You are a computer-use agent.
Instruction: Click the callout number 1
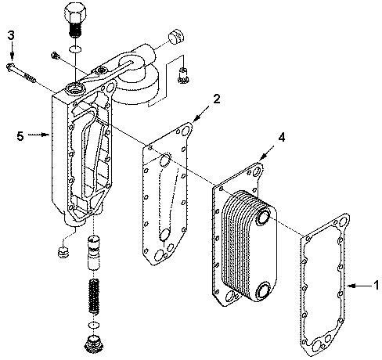[376, 285]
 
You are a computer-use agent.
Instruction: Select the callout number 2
[216, 99]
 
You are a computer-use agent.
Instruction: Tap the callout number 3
[11, 35]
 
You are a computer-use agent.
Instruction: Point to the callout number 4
[281, 137]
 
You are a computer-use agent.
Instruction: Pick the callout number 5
[20, 136]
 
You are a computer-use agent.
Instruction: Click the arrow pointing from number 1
[359, 286]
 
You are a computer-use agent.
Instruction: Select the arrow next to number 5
[38, 135]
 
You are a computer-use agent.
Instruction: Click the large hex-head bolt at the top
[75, 20]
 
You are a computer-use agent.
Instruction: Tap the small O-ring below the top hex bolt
[76, 49]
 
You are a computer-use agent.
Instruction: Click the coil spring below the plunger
[94, 296]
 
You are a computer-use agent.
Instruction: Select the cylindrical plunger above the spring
[94, 253]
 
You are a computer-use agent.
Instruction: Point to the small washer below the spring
[94, 325]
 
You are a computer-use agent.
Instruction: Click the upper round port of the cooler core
[264, 217]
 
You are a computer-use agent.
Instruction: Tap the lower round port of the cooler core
[264, 290]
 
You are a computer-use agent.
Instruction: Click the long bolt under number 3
[21, 73]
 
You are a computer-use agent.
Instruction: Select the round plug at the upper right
[176, 37]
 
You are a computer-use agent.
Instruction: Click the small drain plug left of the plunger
[63, 251]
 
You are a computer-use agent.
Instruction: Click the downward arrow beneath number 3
[12, 51]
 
